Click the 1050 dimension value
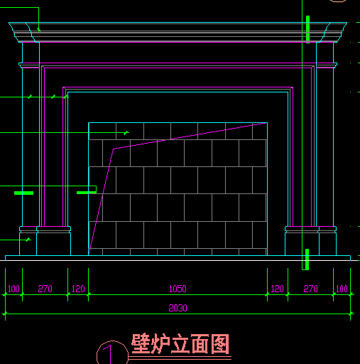pos(178,289)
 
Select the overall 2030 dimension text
pos(178,308)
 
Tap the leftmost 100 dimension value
pos(13,289)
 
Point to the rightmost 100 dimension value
pos(342,289)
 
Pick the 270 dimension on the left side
pos(45,289)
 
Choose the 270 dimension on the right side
pos(310,289)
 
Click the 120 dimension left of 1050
pos(78,289)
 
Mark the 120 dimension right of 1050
pos(277,289)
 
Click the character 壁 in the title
pos(141,343)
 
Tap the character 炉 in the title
pos(160,343)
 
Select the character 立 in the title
pos(180,343)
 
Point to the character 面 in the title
pos(200,343)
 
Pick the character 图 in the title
pos(220,343)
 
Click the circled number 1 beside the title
pos(109,354)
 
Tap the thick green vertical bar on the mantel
pos(307,29)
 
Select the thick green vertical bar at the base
pos(307,259)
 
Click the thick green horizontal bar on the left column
pos(23,193)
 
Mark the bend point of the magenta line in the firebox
pos(114,149)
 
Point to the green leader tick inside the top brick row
pos(126,133)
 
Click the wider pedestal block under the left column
pos(53,241)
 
